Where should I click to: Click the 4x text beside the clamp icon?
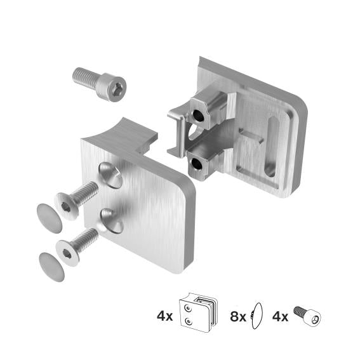(x=164, y=315)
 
